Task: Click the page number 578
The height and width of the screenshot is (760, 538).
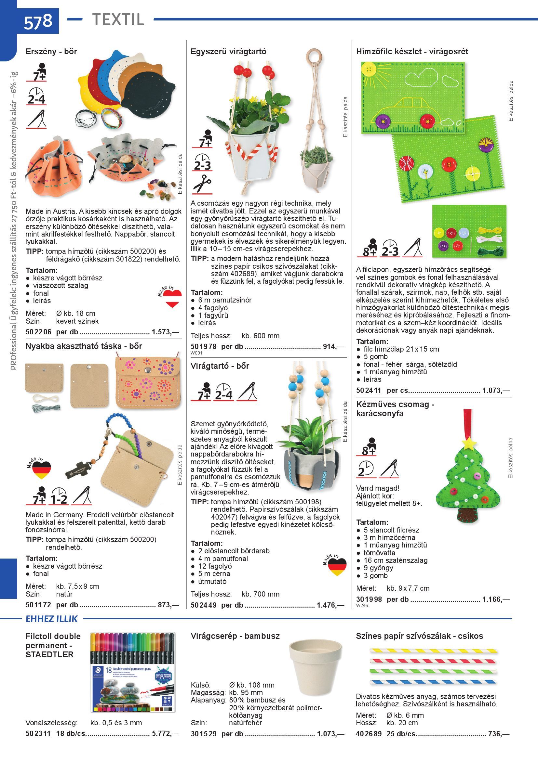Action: (x=38, y=21)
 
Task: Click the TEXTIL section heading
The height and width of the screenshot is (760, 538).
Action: (x=118, y=19)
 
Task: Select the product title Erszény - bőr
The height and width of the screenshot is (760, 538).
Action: (x=51, y=51)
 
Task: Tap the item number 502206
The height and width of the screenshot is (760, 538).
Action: (x=38, y=332)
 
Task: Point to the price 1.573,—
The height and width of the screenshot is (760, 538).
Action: (x=165, y=332)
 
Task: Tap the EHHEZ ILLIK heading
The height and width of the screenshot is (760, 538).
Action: (x=52, y=619)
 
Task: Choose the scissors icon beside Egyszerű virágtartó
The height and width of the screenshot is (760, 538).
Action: (x=202, y=184)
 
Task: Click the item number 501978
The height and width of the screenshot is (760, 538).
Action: (x=203, y=347)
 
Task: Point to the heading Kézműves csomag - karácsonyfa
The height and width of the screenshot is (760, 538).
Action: (x=395, y=409)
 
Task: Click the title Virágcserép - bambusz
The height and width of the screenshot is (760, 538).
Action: (x=235, y=636)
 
